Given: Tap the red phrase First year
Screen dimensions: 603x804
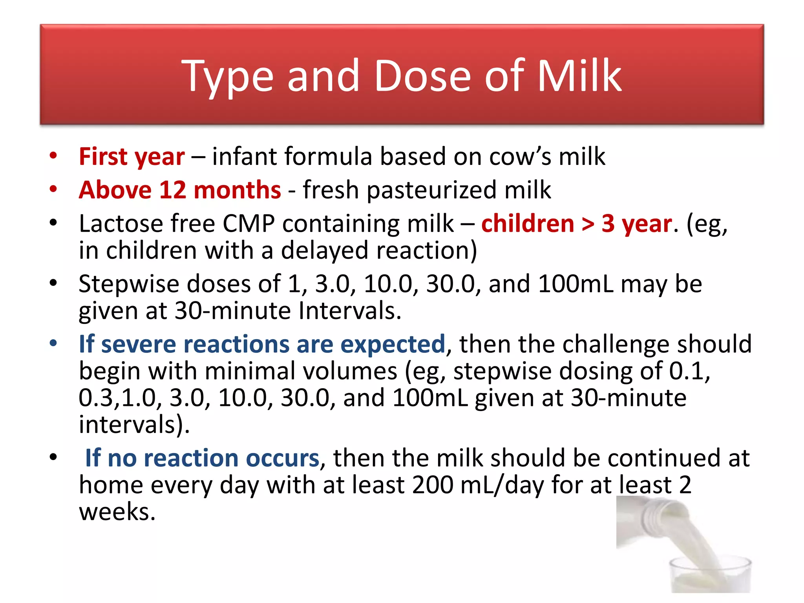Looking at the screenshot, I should click(x=132, y=157).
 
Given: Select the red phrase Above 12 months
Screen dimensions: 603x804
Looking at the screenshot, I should click(x=180, y=190).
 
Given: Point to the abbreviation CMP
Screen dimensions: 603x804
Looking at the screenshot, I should click(x=249, y=224).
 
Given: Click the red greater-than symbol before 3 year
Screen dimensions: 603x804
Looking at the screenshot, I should click(x=588, y=224).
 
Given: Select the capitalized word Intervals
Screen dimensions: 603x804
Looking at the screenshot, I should click(x=349, y=311).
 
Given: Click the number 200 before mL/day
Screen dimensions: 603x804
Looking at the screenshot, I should click(x=432, y=485).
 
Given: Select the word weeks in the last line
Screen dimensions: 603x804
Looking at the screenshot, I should click(x=117, y=512).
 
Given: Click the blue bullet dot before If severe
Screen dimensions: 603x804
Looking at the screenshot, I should click(x=53, y=344).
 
